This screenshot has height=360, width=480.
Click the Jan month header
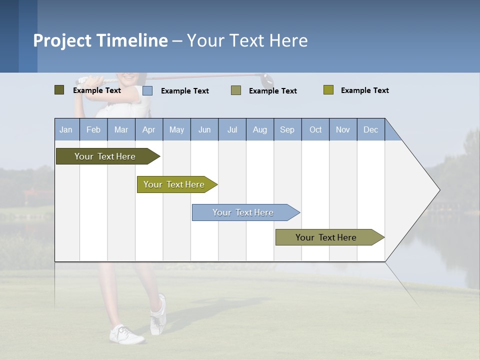[66, 129]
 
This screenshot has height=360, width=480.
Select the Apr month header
[149, 129]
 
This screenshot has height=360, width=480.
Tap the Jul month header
[232, 129]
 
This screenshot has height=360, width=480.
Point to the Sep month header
[287, 129]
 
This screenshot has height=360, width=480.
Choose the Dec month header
[370, 129]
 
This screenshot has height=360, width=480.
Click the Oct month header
[315, 129]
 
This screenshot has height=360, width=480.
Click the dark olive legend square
[59, 90]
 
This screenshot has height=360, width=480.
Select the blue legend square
[147, 90]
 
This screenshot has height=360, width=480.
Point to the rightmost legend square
[328, 90]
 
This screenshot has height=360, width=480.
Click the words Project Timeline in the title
[100, 40]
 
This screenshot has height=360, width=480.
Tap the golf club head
[267, 79]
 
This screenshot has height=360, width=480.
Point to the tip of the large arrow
[439, 190]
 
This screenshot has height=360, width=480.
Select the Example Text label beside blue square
[184, 91]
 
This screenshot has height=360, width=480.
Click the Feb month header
[93, 129]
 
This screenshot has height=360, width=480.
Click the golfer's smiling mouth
[129, 77]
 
